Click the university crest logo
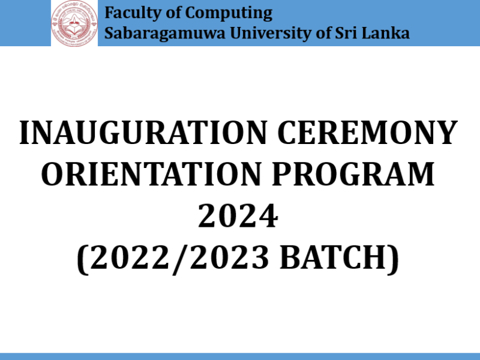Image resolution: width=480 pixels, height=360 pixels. click(x=74, y=23)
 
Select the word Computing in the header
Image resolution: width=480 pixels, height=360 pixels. click(x=229, y=14)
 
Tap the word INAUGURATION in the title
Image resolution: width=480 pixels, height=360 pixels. click(x=143, y=133)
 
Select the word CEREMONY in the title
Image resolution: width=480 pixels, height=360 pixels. click(x=367, y=133)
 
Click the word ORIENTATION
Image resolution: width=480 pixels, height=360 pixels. click(x=151, y=174)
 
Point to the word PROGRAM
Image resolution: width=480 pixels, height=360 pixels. click(x=353, y=174)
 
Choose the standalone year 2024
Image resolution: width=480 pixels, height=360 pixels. click(x=238, y=216)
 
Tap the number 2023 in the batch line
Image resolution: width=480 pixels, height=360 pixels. click(x=230, y=257)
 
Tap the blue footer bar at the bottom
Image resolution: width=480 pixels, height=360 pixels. click(x=240, y=356)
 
